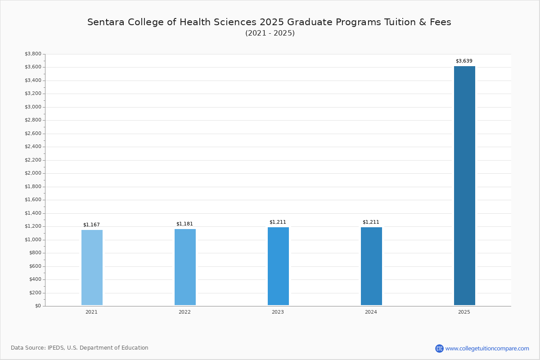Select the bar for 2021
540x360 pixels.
point(92,267)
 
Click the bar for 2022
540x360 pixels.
point(185,267)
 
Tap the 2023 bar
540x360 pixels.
point(278,266)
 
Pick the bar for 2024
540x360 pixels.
point(371,266)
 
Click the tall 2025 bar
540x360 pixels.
point(464,185)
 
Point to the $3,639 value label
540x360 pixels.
point(464,61)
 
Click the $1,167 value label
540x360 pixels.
point(91,225)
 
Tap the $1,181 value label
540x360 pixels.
point(184,224)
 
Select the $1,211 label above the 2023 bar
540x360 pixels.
point(278,222)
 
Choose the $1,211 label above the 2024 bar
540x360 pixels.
point(371,222)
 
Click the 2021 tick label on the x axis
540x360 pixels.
point(91,312)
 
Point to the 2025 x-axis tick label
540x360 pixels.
point(464,312)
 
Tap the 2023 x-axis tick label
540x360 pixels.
point(278,312)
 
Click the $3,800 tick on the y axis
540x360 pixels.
point(33,54)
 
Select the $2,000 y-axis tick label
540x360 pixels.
point(33,173)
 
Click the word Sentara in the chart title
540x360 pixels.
point(105,22)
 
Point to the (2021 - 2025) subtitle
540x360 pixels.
point(270,33)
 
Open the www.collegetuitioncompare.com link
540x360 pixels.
point(487,348)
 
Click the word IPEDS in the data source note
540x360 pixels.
point(56,348)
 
